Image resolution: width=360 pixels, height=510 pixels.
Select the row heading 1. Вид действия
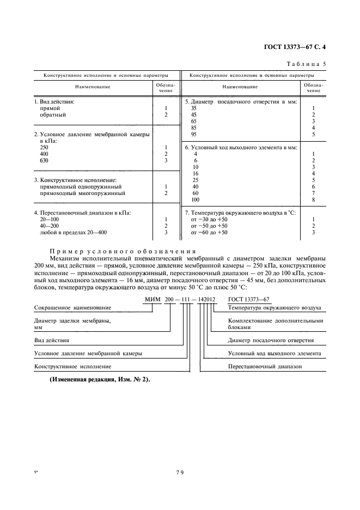[54, 102]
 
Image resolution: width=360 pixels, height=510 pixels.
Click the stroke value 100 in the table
[195, 199]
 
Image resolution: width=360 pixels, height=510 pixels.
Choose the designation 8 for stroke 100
[313, 199]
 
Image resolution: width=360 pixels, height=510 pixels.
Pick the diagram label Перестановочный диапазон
[265, 367]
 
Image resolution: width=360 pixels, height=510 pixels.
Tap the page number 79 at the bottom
[180, 472]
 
